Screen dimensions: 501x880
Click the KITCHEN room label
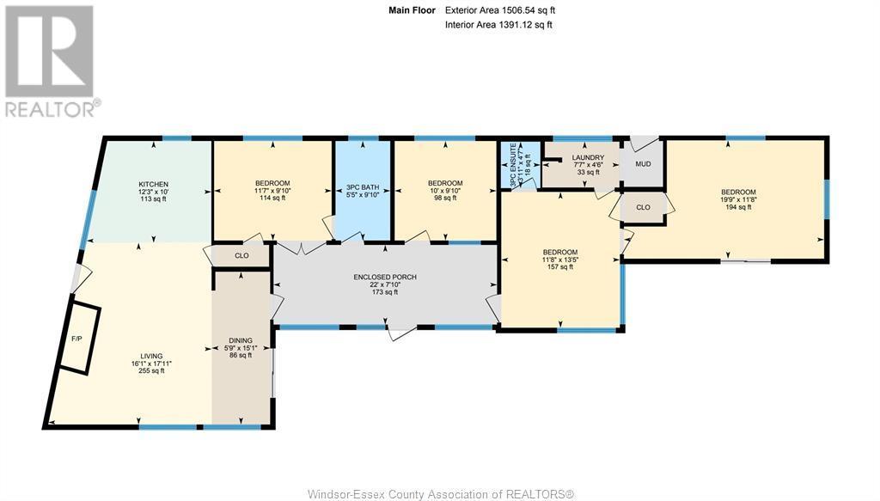point(153,185)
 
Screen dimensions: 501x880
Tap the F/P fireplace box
point(76,338)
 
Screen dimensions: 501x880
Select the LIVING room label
point(151,356)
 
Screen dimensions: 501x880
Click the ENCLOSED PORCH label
point(384,277)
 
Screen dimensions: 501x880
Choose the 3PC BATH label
point(363,187)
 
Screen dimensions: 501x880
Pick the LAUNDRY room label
point(589,158)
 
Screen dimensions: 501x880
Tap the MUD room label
point(643,163)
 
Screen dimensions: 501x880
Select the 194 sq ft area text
point(738,207)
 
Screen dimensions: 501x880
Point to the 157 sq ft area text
point(559,267)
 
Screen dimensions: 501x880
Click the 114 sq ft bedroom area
point(272,199)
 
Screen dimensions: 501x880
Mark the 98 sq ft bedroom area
point(445,199)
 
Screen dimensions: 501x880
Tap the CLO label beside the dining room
point(241,255)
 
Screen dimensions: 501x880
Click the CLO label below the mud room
point(643,207)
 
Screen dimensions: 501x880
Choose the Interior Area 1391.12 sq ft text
point(498,25)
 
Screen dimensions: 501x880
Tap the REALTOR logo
point(51,60)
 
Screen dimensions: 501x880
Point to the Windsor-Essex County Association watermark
point(439,493)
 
